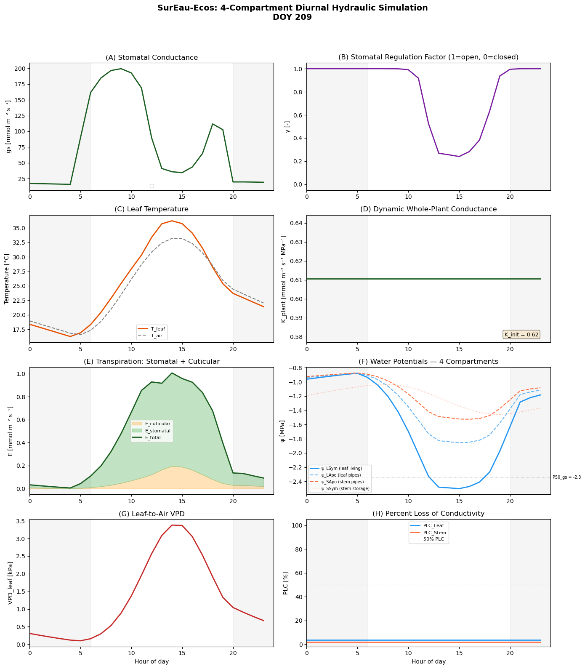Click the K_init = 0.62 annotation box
[521, 335]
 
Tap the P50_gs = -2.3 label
[566, 477]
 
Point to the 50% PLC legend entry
[433, 539]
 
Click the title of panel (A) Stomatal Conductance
[152, 57]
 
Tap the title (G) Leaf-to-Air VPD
[152, 514]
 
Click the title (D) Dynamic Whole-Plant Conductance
[428, 209]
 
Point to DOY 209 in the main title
[292, 17]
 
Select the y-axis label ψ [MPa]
[282, 431]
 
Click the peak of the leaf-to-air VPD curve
[172, 525]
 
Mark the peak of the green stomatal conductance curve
[121, 69]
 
